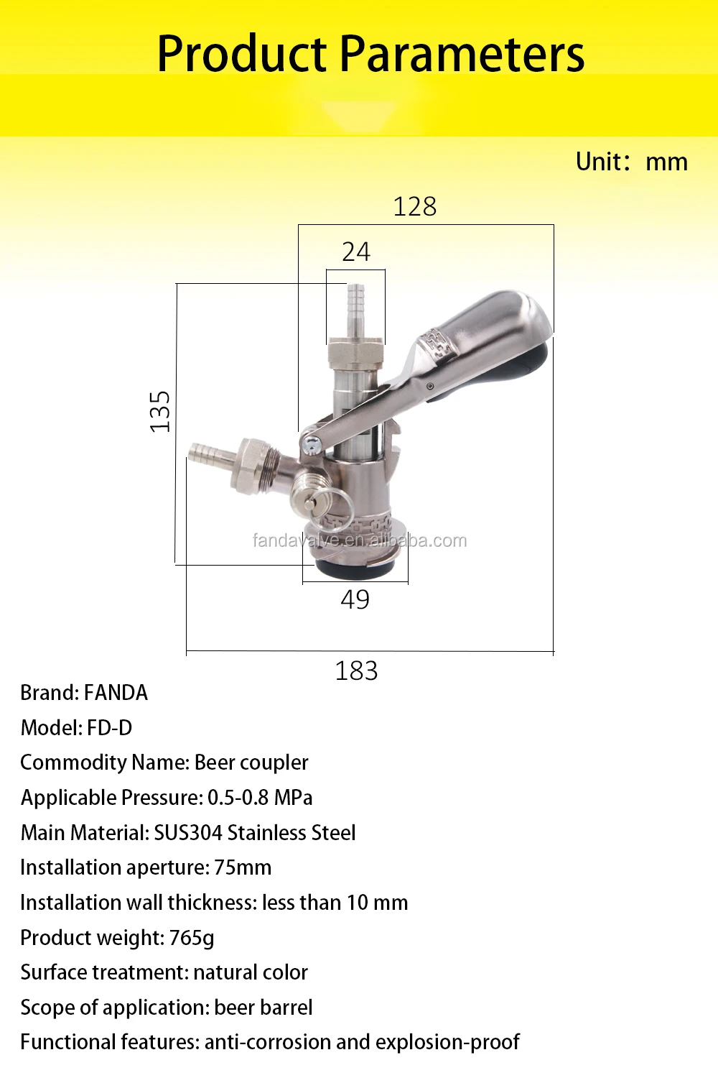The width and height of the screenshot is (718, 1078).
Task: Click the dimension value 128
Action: pyautogui.click(x=414, y=206)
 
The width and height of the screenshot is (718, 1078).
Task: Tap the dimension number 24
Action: pyautogui.click(x=356, y=252)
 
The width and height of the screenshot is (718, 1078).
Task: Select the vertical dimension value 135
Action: pyautogui.click(x=160, y=412)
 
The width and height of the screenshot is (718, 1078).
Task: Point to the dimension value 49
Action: pyautogui.click(x=355, y=599)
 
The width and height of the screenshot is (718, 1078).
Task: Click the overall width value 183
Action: pyautogui.click(x=356, y=671)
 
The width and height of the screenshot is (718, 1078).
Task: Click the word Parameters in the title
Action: pyautogui.click(x=462, y=54)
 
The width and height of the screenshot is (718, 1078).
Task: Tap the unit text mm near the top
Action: pyautogui.click(x=666, y=162)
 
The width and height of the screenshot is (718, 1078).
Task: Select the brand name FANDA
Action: pyautogui.click(x=116, y=693)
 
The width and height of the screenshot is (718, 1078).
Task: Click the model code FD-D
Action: pyautogui.click(x=110, y=728)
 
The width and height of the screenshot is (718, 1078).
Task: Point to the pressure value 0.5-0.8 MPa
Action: pyautogui.click(x=260, y=798)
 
